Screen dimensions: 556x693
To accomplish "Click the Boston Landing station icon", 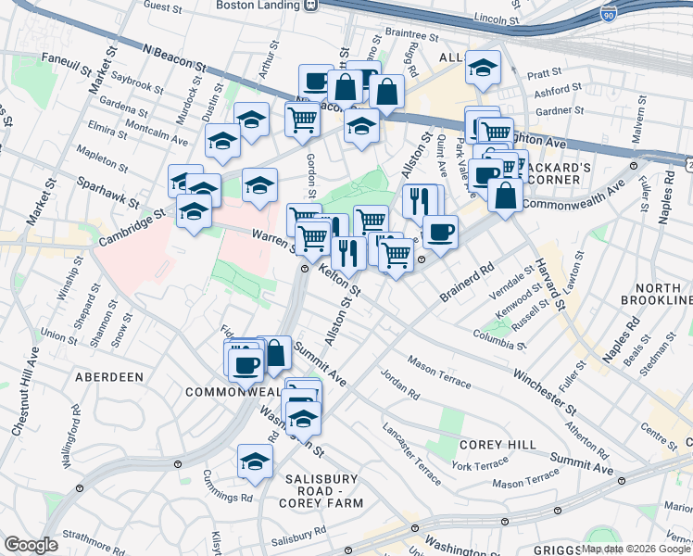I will coord(310,5).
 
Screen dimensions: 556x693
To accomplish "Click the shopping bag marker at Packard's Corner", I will coord(504,196).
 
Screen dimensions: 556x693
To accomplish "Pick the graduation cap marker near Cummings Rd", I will coord(255,461).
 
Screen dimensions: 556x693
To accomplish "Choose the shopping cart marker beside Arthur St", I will coord(302,120).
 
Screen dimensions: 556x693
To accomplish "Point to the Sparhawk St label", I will coord(107,191).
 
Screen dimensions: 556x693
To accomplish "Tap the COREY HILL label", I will coord(498,445).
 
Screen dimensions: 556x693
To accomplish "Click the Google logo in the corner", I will coord(30,545).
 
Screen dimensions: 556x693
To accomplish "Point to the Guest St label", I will coord(162,6).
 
